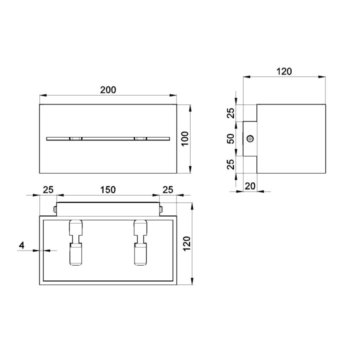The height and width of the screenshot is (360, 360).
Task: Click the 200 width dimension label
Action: pos(108,90)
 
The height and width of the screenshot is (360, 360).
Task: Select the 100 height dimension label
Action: pos(184,138)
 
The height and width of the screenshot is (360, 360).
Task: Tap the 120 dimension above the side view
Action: pos(284,71)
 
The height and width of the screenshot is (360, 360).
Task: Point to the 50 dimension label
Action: pos(231,139)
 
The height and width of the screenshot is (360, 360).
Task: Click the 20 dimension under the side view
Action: pos(250,186)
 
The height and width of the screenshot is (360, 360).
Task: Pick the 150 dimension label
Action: pos(108,189)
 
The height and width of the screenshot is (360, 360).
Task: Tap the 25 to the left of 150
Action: pos(48,189)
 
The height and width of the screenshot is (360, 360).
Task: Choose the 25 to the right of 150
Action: pos(168,189)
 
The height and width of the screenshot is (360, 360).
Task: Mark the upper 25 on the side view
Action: pos(231,113)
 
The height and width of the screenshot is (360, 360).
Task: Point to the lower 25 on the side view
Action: pos(231,164)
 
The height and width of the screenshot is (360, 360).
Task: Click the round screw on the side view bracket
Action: pos(250,139)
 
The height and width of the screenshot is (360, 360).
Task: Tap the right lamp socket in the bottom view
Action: pos(140,242)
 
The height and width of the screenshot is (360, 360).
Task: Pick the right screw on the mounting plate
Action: pos(161,209)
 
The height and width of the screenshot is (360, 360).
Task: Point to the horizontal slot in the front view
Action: pos(108,138)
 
